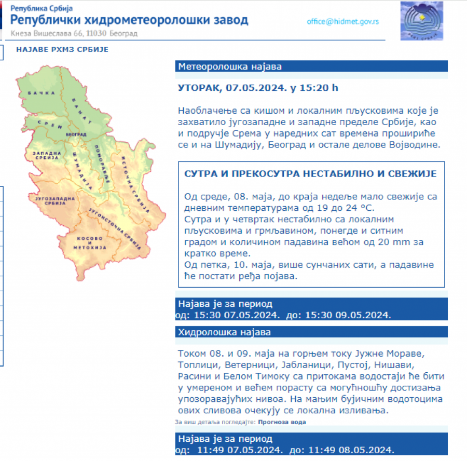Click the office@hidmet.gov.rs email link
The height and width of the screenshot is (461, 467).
[x=343, y=22]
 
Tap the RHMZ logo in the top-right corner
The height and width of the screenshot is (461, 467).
[x=422, y=21]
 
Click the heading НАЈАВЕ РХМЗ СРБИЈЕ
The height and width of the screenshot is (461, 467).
[x=62, y=50]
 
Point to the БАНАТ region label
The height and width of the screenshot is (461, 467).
[x=82, y=110]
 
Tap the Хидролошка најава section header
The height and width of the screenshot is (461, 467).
[x=224, y=332]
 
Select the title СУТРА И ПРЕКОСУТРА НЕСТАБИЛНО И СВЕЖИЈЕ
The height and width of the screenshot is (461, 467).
[x=310, y=173]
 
